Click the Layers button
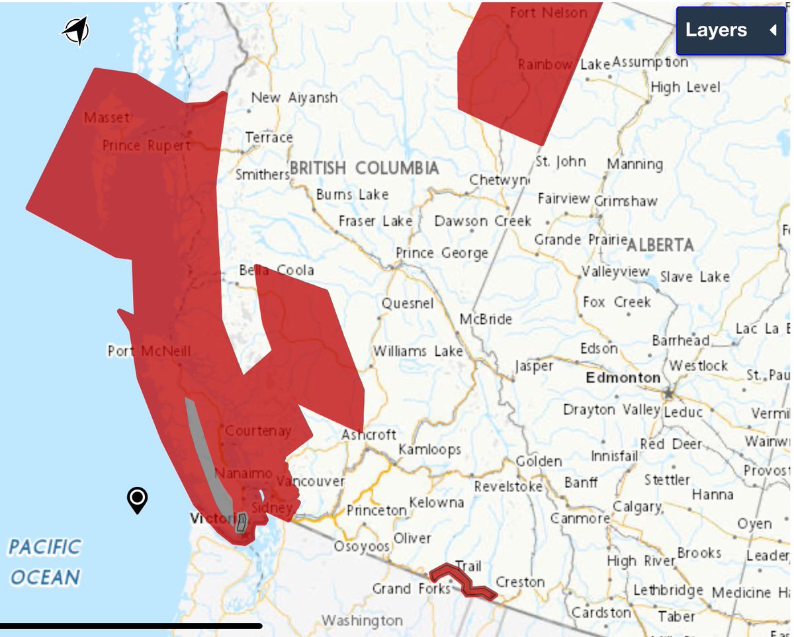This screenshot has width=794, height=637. [730, 30]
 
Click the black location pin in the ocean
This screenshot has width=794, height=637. [137, 500]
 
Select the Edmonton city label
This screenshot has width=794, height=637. [623, 378]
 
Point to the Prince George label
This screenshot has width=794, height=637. [441, 253]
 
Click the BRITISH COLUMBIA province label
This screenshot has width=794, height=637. [364, 168]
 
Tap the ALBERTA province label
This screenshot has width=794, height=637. [660, 245]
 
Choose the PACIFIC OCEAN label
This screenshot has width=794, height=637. [45, 562]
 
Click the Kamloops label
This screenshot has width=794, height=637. [429, 450]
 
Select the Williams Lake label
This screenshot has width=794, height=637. [418, 351]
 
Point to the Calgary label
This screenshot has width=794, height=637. [637, 507]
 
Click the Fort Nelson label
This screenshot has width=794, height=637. [549, 13]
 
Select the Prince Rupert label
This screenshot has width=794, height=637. [146, 146]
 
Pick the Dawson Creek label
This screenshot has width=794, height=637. [483, 221]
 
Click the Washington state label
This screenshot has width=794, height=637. [362, 620]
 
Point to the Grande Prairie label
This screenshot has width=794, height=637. [580, 239]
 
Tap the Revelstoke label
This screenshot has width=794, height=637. [508, 487]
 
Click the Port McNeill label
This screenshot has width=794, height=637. [149, 351]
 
